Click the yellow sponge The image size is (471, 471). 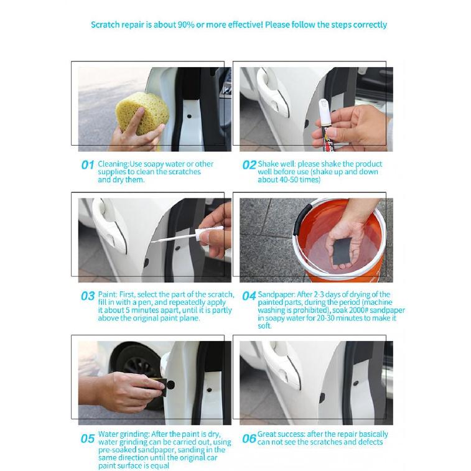(142, 113)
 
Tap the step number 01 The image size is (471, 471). (87, 165)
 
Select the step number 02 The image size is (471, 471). (249, 165)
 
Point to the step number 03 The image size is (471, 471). (88, 296)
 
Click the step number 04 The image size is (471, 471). (249, 296)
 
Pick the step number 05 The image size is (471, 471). (88, 439)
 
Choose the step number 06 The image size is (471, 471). (249, 439)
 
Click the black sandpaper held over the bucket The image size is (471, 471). (342, 250)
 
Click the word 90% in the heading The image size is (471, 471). (186, 25)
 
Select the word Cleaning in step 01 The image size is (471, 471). (113, 164)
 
